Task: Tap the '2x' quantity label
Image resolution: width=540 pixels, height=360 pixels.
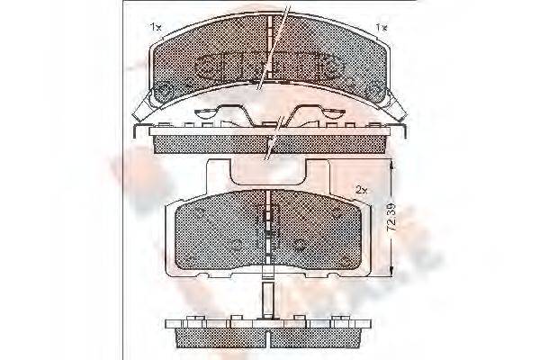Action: (x=360, y=191)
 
